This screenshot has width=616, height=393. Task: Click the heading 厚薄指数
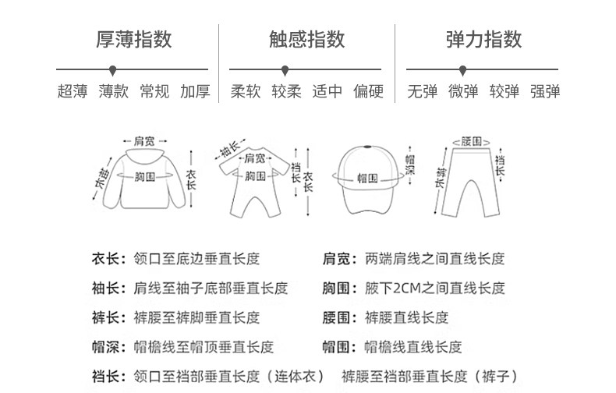(134, 39)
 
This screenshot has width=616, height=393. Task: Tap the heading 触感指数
(307, 39)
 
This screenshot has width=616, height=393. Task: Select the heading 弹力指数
(483, 39)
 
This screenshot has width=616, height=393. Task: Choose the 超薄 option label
(72, 91)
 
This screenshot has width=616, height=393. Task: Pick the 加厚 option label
(195, 91)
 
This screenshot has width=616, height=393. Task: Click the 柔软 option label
(246, 91)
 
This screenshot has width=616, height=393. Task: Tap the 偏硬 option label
(369, 91)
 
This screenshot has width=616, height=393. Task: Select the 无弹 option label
(422, 91)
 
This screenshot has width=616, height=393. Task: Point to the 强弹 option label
(545, 91)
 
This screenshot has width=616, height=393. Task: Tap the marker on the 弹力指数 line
(463, 69)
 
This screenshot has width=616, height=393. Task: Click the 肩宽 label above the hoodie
(144, 141)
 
